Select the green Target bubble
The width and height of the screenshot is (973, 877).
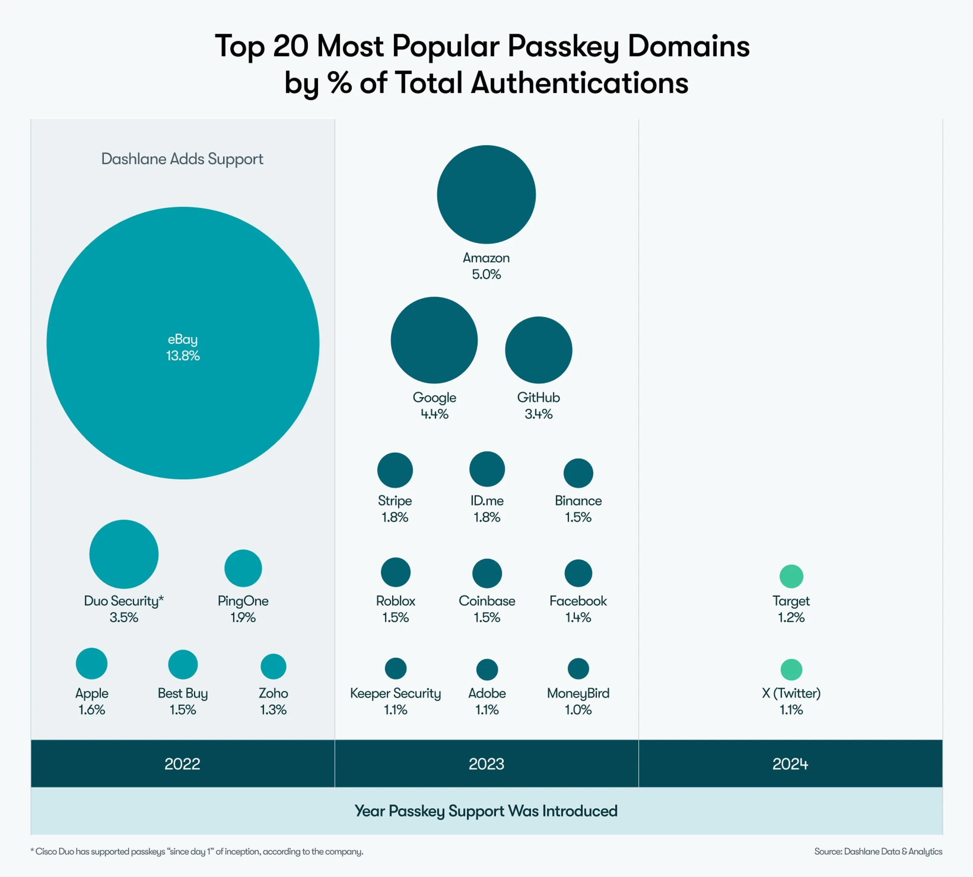791,576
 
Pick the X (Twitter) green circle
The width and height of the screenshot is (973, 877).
791,670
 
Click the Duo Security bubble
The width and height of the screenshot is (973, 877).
124,554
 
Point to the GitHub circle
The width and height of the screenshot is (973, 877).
538,350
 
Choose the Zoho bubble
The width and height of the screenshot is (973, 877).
273,666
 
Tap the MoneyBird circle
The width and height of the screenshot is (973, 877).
578,668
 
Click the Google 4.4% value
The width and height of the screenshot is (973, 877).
435,414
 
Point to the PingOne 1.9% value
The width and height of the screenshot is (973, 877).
243,618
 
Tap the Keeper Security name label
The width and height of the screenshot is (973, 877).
395,693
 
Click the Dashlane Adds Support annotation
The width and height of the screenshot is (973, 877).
182,159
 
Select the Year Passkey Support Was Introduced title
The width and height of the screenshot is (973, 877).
486,811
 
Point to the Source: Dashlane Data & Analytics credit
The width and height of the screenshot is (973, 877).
878,851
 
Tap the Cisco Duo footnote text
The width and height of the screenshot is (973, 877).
197,851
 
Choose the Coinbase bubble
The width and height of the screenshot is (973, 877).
487,574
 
